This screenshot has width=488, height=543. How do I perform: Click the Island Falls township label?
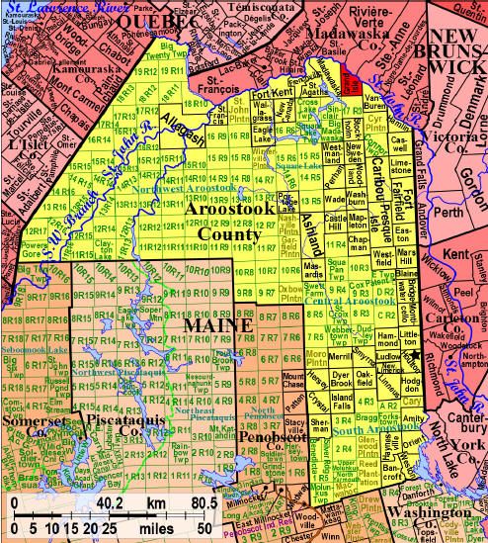343,396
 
